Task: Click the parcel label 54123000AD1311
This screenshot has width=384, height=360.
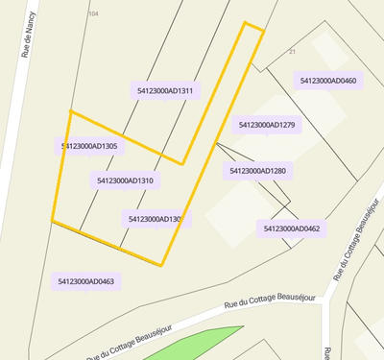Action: pos(165,91)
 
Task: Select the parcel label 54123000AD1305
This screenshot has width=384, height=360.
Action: pos(88,147)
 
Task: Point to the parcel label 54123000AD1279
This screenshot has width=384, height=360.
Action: pos(266,125)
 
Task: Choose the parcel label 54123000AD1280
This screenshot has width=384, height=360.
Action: pos(257,171)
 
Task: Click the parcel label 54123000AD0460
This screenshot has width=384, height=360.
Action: pos(328,82)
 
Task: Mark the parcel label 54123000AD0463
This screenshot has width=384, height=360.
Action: pos(85,281)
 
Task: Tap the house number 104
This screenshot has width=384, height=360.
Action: pos(93,13)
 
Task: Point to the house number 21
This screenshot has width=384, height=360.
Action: pos(292,51)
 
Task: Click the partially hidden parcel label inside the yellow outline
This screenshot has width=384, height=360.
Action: pos(153,219)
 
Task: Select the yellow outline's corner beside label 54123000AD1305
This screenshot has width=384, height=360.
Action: pos(70,111)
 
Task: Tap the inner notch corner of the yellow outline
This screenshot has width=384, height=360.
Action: pos(182,163)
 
